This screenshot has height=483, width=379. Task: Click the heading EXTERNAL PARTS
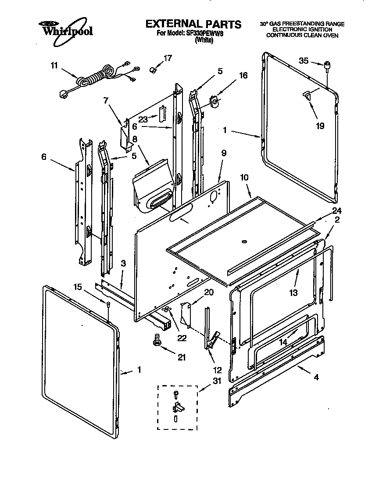[x=193, y=24]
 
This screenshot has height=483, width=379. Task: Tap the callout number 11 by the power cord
[x=54, y=66]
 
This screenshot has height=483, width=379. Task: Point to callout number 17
[x=168, y=58]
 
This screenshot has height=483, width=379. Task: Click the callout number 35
[x=304, y=61]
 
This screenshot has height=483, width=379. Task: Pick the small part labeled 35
[x=327, y=67]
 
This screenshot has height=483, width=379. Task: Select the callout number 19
[x=320, y=126]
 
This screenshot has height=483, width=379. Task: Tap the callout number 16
[x=243, y=76]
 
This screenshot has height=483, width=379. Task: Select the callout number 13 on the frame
[x=293, y=292]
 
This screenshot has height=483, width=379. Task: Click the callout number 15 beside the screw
[x=77, y=287]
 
